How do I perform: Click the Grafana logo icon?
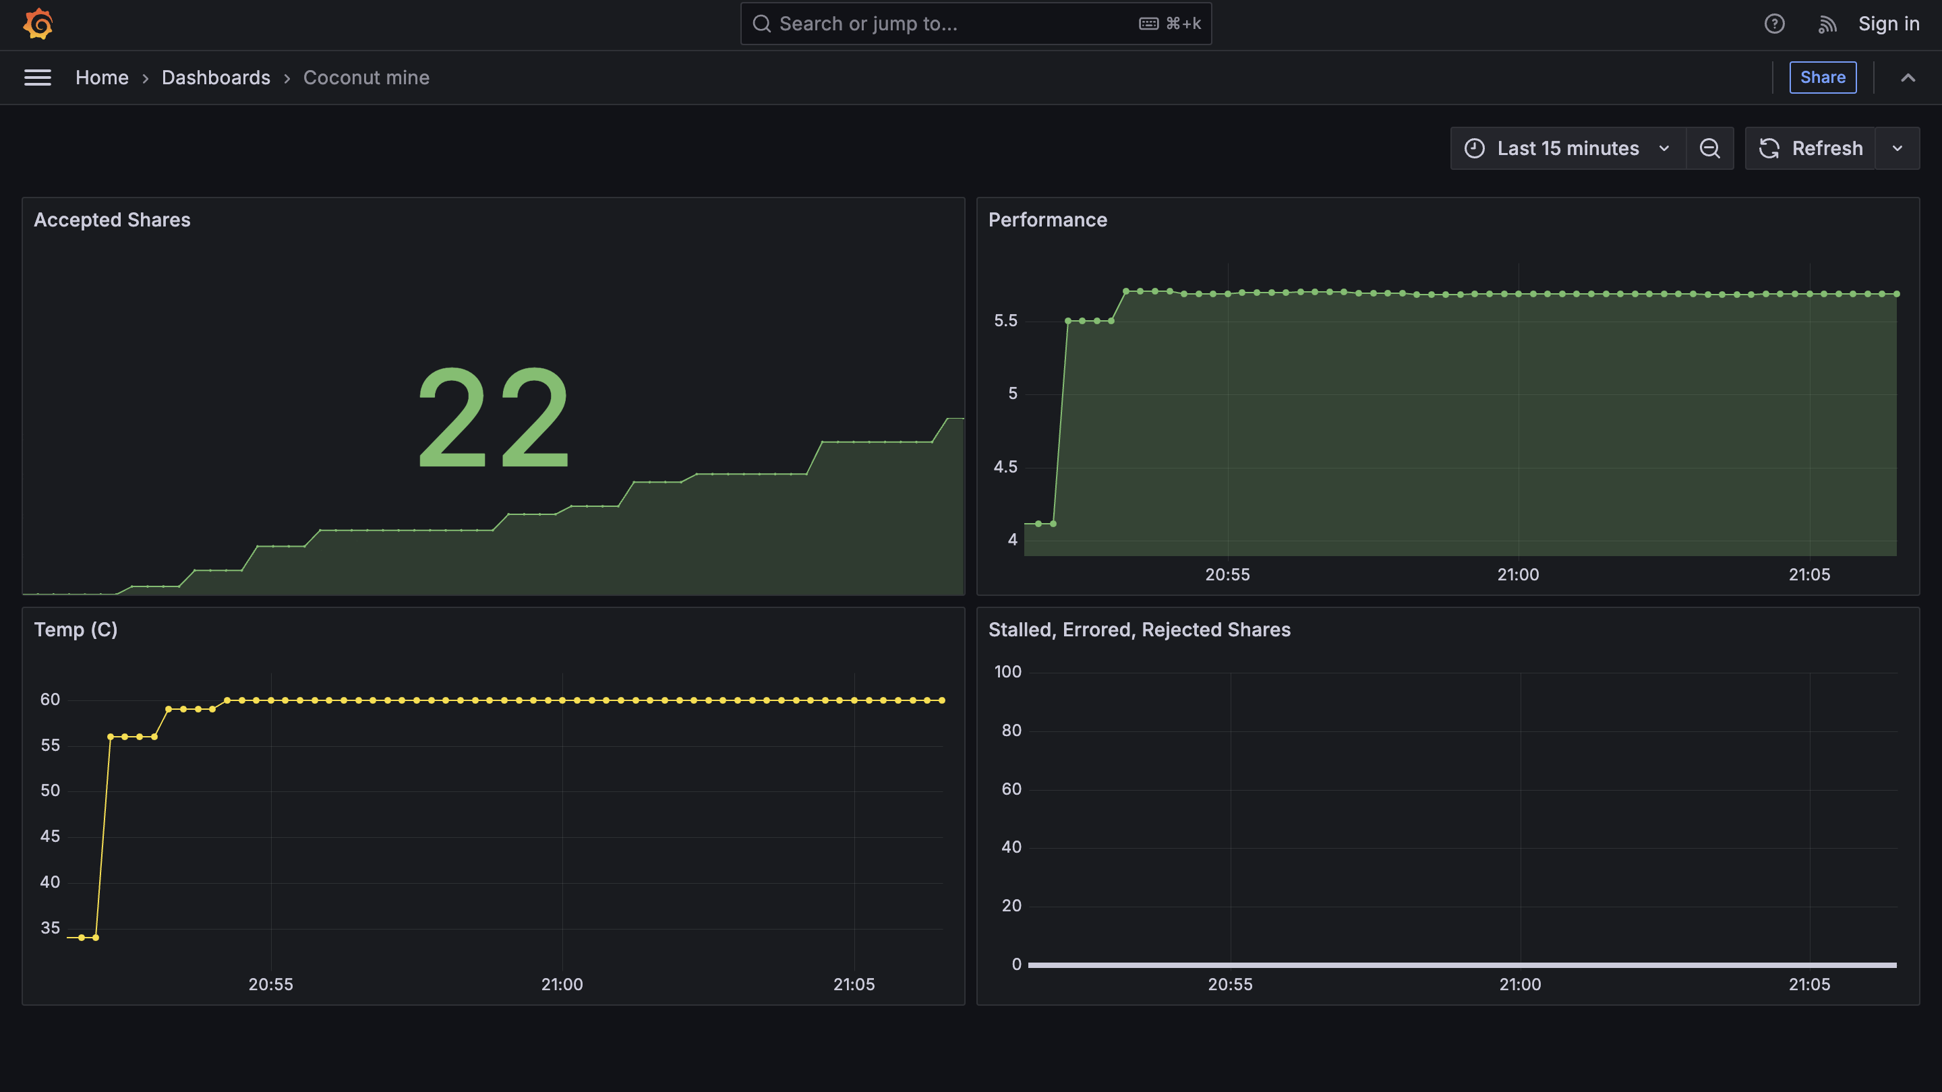[38, 24]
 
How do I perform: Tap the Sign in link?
[1888, 24]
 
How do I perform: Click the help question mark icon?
[1774, 24]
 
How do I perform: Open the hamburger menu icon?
[38, 78]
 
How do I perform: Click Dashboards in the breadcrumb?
[216, 78]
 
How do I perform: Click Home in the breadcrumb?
[102, 78]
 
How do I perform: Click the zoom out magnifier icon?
[1709, 148]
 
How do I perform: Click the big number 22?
[493, 418]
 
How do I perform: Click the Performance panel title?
[1047, 220]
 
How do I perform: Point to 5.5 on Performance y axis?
[1005, 321]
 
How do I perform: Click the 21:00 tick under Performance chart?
[1518, 575]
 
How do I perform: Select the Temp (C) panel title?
[76, 630]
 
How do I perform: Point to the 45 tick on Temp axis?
[50, 837]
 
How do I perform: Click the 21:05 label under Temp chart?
[854, 985]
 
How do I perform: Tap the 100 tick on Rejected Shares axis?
[1007, 672]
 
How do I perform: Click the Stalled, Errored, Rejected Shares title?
[1138, 630]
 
